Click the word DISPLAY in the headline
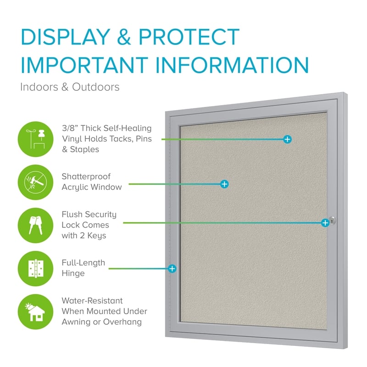point(65,37)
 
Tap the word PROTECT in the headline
point(189,37)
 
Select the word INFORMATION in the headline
point(232,65)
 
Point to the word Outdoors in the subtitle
point(95,87)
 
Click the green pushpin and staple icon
point(36,139)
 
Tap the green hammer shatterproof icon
point(36,182)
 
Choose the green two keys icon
point(36,225)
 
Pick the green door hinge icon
point(36,268)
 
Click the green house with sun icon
point(36,312)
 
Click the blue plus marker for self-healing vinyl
point(287,139)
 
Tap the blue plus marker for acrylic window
point(224,184)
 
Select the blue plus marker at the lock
point(325,223)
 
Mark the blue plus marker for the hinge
point(172,269)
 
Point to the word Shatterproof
point(86,177)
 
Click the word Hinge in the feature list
point(73,273)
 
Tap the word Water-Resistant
point(92,300)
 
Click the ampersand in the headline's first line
point(124,37)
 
